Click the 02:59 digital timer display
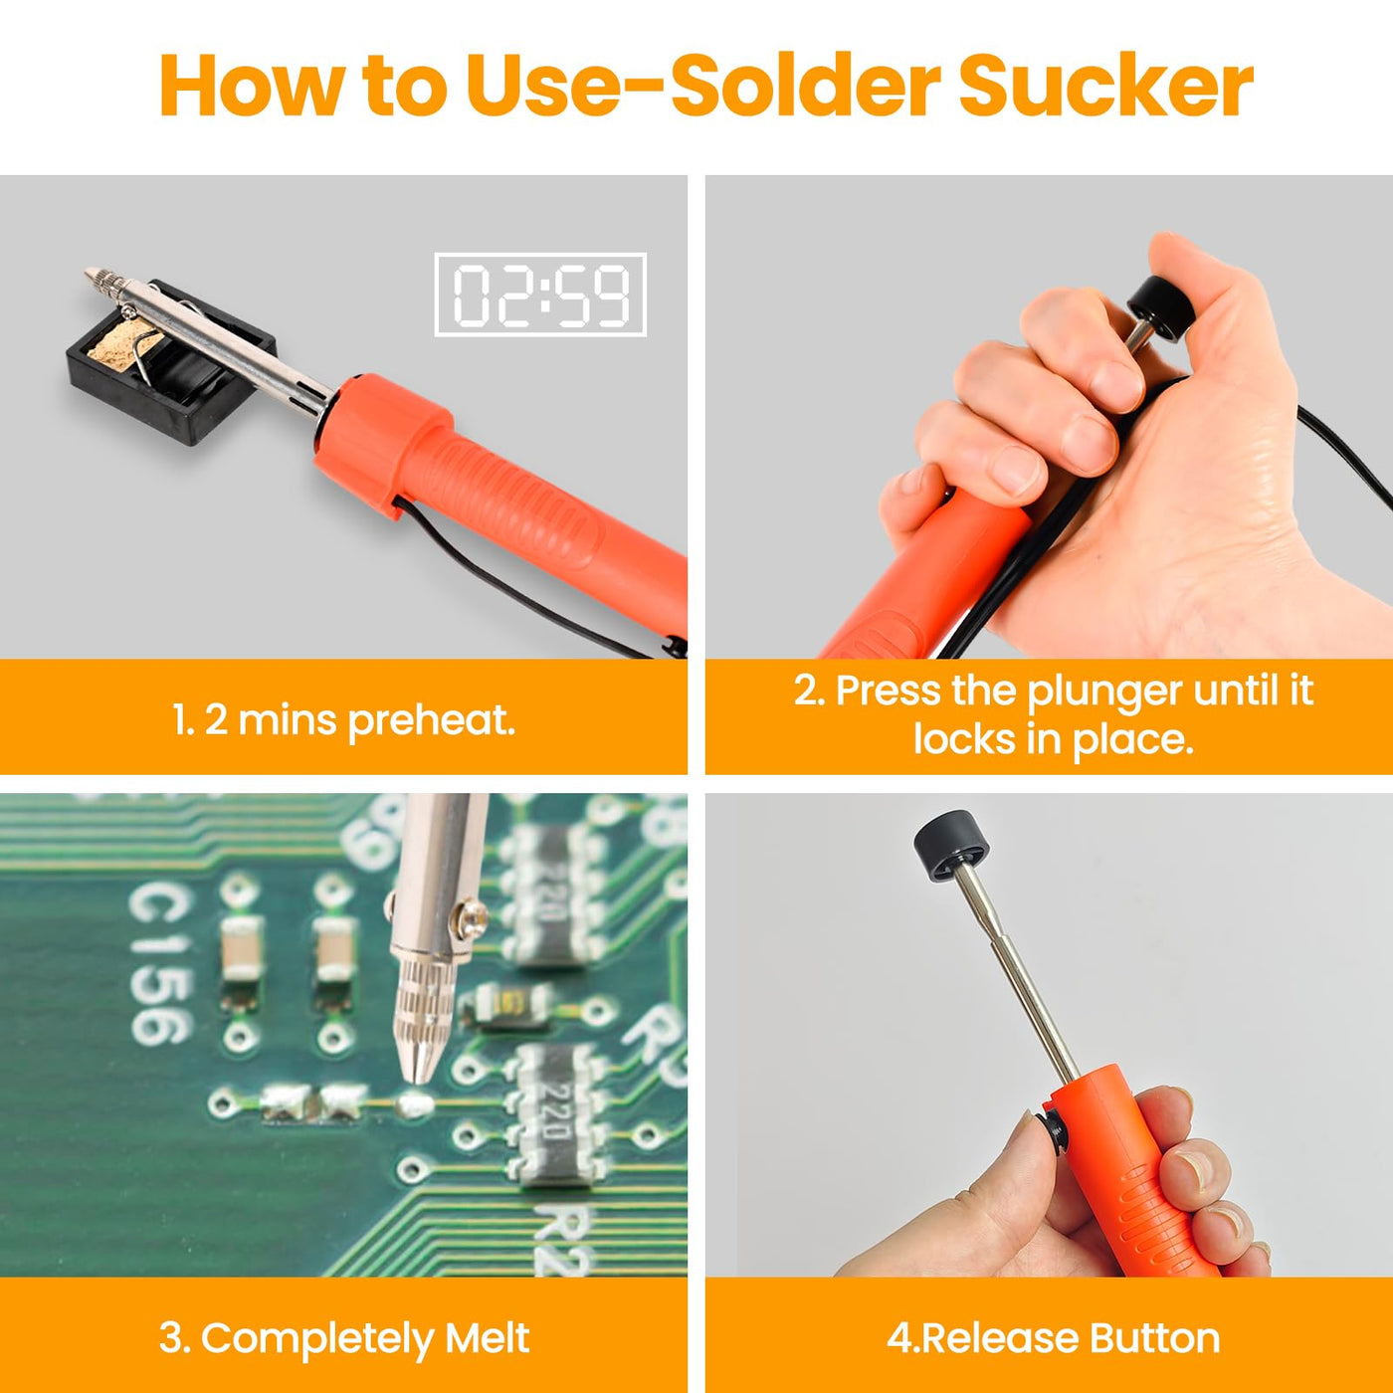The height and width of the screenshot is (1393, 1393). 540,295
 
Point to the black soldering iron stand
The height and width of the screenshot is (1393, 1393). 170,361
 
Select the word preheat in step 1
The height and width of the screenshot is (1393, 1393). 432,721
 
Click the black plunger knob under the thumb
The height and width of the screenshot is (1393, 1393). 1161,309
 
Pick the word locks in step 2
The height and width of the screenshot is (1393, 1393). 963,739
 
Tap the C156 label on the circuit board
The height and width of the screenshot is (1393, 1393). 160,964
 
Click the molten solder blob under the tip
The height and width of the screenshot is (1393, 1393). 415,1101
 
